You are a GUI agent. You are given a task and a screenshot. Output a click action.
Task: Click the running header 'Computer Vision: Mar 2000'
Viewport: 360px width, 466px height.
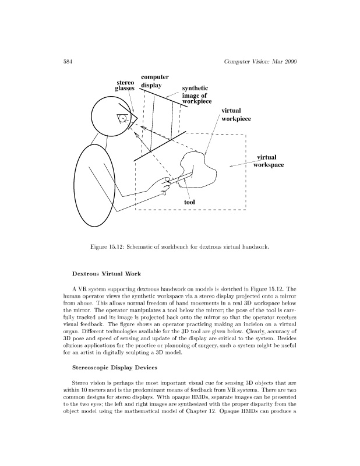pyautogui.click(x=259, y=62)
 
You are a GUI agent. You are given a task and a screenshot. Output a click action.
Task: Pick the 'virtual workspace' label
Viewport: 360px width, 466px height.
pyautogui.click(x=268, y=161)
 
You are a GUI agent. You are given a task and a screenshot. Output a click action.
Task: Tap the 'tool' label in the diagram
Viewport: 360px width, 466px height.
pyautogui.click(x=189, y=202)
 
